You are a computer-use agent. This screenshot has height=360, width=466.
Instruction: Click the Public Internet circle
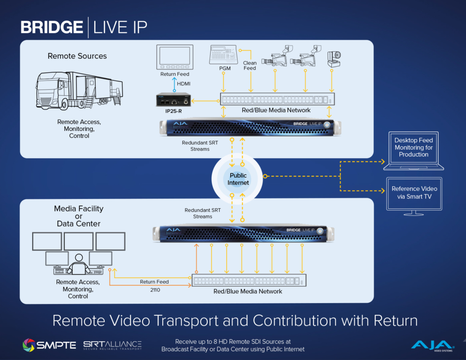238,179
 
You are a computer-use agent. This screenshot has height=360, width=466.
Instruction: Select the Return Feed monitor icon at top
175,57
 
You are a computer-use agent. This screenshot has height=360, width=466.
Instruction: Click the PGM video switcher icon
224,55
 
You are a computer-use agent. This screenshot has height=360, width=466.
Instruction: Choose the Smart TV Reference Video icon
414,196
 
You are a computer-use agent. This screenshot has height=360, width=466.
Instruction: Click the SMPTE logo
49,345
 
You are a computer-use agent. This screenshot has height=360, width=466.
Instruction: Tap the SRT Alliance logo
112,345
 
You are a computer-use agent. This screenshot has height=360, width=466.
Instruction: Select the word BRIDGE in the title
52,27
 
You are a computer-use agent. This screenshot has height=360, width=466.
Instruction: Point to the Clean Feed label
250,65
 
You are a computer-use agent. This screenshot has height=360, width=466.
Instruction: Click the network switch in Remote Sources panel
277,99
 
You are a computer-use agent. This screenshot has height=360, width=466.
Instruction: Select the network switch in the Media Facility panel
249,281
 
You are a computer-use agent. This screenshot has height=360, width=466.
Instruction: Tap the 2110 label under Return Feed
154,289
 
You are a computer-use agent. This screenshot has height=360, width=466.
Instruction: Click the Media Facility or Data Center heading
79,216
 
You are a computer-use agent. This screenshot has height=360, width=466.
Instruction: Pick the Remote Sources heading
77,56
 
